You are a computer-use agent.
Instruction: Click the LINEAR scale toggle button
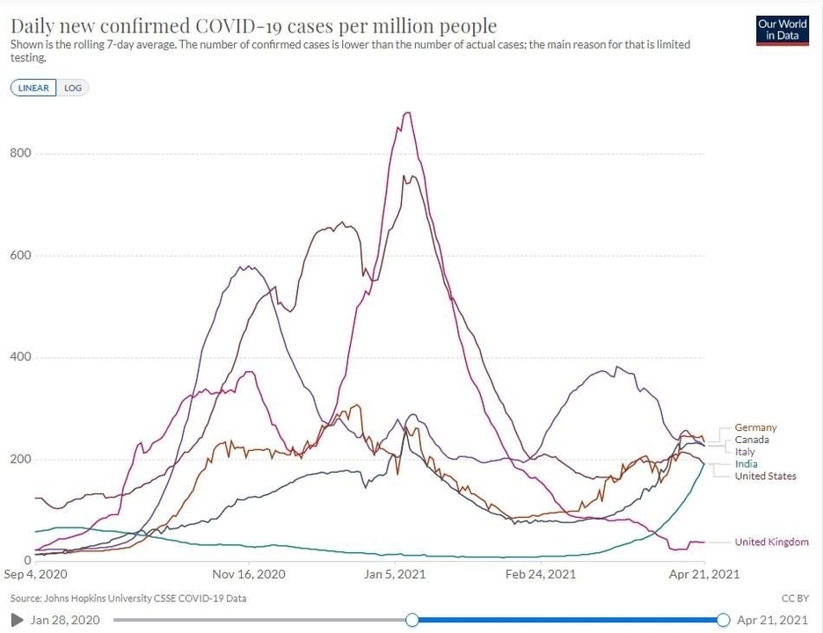tap(34, 88)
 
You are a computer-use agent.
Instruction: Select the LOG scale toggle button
tap(73, 88)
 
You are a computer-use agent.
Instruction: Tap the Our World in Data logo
tap(782, 30)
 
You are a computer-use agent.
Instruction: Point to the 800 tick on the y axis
tap(20, 153)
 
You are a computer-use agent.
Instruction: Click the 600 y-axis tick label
tap(20, 256)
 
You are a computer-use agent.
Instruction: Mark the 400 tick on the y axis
tap(20, 358)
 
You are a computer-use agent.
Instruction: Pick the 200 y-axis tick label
tap(20, 460)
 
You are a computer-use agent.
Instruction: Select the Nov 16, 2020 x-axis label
tap(249, 574)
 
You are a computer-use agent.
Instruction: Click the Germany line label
tap(755, 428)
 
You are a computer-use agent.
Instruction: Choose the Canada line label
tap(752, 440)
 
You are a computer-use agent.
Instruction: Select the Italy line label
tap(745, 452)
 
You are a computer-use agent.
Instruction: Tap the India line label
tap(747, 464)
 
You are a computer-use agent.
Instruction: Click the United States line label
tap(765, 477)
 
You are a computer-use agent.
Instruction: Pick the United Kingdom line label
tap(771, 542)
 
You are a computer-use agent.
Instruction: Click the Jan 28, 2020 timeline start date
tap(65, 620)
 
